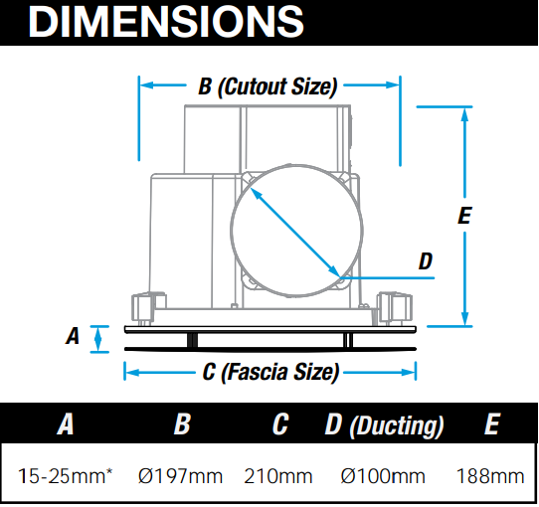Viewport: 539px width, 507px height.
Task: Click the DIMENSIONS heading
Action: click(166, 21)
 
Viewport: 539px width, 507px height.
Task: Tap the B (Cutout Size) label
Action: click(268, 86)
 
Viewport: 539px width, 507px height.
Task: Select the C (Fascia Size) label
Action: click(270, 372)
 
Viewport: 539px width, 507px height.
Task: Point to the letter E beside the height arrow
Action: click(464, 216)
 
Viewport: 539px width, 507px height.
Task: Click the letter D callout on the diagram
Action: click(426, 260)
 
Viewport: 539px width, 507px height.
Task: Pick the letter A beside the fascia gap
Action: click(73, 335)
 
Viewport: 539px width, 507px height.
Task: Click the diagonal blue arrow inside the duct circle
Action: click(295, 233)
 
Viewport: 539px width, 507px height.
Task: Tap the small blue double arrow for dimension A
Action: click(98, 339)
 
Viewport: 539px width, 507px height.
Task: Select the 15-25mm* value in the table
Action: click(65, 476)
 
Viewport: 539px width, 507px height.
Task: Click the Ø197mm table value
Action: click(180, 476)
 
